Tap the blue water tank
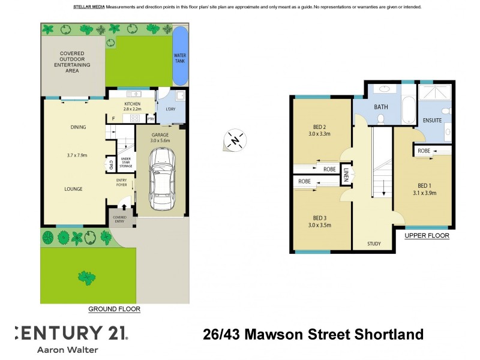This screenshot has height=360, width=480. tap(179, 56)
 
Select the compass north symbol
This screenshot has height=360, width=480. tap(233, 140)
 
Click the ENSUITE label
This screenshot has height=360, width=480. tap(432, 120)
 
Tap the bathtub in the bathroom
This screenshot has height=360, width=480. tap(408, 109)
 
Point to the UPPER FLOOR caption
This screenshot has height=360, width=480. tap(427, 236)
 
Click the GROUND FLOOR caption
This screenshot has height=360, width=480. tap(114, 310)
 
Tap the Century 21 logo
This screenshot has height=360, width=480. tap(70, 332)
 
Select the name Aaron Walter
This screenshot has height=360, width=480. tap(67, 349)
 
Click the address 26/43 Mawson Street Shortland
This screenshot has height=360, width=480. tap(313, 334)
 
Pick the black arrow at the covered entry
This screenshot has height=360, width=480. tap(124, 207)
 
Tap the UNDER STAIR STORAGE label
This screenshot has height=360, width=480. tap(125, 163)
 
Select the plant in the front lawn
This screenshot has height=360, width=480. tap(87, 277)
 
